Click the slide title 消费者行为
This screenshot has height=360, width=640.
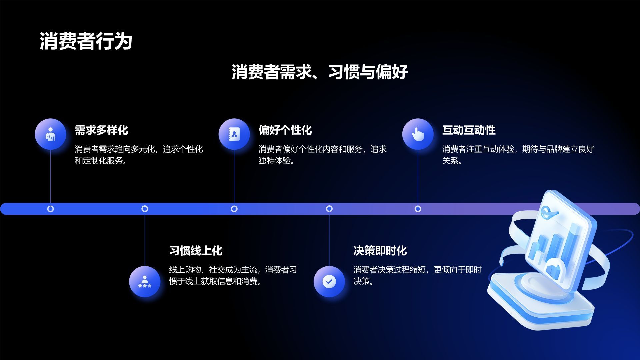coord(86,41)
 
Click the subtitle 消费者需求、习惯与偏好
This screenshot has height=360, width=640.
coord(320,72)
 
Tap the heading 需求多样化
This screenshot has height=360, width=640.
coord(101,130)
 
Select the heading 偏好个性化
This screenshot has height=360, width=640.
coord(285,130)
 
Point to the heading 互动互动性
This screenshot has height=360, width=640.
coord(469,130)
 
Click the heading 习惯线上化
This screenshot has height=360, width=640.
coord(196,251)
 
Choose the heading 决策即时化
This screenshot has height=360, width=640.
coord(380,251)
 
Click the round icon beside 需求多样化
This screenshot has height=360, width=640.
coord(50,134)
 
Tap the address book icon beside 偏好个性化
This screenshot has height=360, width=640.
coord(234,134)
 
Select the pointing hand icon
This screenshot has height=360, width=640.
coord(418,134)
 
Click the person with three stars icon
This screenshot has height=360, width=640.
coord(145,281)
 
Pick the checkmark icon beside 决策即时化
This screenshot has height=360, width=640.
coord(329,281)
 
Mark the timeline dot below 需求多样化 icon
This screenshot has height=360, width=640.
coord(50,209)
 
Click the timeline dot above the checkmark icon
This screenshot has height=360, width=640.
coord(329,209)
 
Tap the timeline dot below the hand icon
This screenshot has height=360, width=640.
coord(418,209)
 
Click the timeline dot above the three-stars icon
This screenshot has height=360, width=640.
coord(145,209)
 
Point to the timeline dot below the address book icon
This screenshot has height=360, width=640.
coord(234,209)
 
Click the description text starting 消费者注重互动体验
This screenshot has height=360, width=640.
coord(518,155)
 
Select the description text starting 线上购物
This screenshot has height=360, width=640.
coord(233,275)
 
